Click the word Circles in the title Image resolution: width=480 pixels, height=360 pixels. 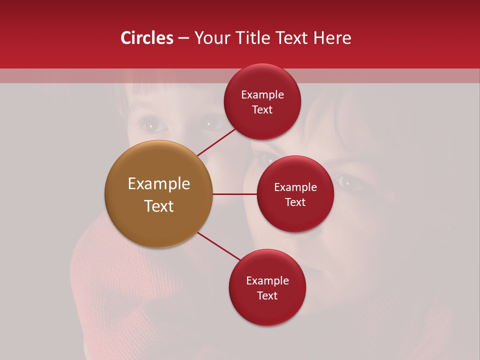[x=147, y=38]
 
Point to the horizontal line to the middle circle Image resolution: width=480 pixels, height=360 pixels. [x=234, y=194]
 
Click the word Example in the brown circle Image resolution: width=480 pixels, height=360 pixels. [x=159, y=184]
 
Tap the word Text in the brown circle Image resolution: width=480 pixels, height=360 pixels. [x=159, y=206]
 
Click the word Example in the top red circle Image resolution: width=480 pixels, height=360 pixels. [x=262, y=95]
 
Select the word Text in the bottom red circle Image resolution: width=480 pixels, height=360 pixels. [x=267, y=296]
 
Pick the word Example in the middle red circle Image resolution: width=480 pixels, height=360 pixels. [x=295, y=187]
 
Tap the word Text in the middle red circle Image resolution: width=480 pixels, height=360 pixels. [x=295, y=202]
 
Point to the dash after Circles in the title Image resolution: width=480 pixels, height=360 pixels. [x=183, y=38]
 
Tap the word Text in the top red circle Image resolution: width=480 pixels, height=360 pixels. [x=262, y=110]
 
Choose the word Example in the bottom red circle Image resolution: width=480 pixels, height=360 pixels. [x=267, y=281]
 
